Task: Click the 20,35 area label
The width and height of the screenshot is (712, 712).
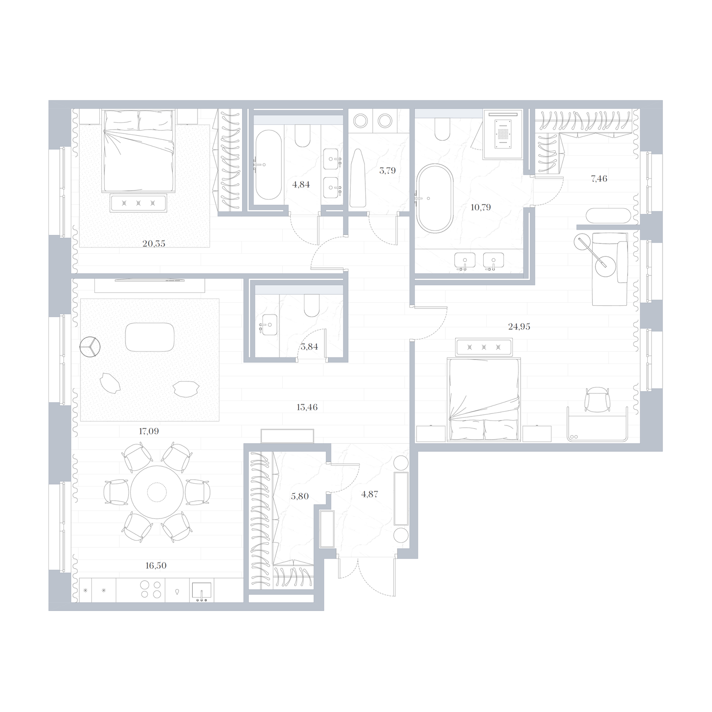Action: click(154, 243)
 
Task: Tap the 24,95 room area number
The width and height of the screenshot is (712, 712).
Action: click(519, 327)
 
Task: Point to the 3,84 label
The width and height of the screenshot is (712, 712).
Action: click(309, 347)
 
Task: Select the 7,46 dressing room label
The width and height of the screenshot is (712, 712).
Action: click(599, 178)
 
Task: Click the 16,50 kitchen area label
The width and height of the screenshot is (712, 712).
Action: click(156, 566)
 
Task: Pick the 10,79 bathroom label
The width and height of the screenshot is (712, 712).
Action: click(481, 207)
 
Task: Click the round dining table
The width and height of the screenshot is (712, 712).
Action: click(157, 492)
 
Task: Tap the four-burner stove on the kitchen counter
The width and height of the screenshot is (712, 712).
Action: click(150, 590)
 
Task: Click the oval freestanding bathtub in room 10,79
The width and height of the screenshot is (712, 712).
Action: click(434, 198)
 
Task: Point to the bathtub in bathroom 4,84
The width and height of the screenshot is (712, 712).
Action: click(268, 165)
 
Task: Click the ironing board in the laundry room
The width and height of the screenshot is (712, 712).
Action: click(357, 178)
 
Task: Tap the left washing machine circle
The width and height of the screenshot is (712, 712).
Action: click(360, 121)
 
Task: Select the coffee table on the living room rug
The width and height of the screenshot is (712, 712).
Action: click(150, 337)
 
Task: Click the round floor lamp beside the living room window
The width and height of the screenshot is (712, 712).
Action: click(90, 346)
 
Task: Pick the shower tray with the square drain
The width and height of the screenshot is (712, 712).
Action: click(503, 134)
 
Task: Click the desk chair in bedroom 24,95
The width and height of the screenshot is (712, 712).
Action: click(596, 399)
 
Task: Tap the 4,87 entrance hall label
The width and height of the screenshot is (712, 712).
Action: click(370, 494)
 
